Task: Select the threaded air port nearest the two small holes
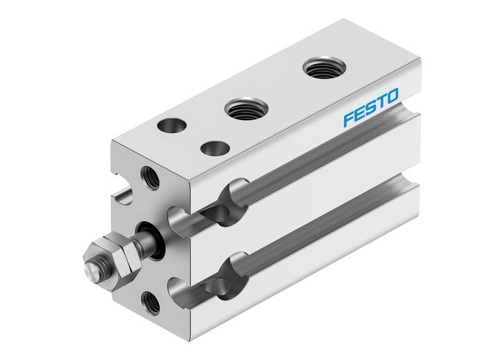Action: [x=241, y=109]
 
